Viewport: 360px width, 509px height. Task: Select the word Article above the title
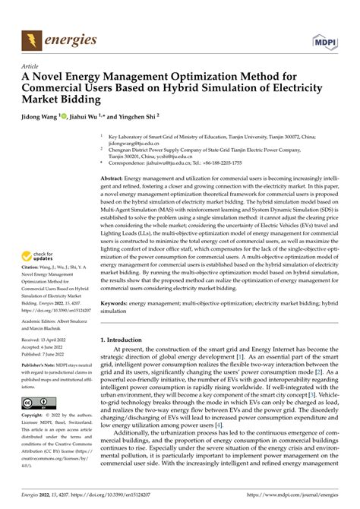[x=32, y=65]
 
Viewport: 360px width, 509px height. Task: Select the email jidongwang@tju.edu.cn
[x=135, y=143]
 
